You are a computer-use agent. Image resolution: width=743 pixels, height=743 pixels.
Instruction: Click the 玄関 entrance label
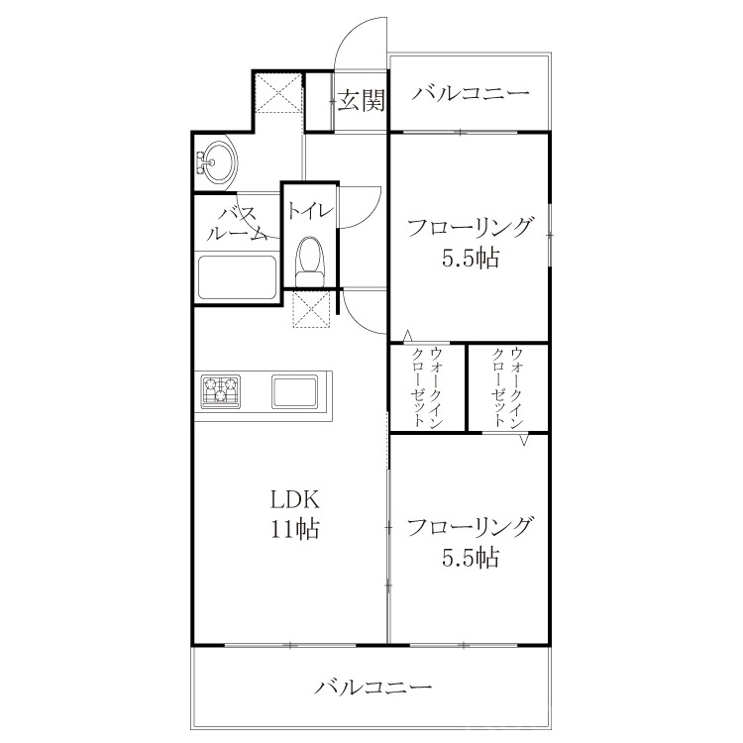361,100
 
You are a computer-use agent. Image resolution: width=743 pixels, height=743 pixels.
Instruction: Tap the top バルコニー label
470,93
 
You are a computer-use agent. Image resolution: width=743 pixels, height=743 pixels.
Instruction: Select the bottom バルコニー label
372,687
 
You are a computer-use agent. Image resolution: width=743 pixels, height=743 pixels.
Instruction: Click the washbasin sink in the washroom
217,161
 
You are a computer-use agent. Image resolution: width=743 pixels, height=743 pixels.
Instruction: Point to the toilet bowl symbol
309,261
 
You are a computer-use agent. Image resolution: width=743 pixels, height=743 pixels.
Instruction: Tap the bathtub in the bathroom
237,277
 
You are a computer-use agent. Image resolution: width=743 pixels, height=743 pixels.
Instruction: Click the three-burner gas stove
220,391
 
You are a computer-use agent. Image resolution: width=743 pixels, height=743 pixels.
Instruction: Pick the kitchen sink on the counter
295,391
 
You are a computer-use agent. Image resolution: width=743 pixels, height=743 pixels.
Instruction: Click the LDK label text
295,499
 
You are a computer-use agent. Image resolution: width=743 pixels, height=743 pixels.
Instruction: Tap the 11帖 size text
295,529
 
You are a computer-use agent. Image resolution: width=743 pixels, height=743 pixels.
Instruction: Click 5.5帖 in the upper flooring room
470,259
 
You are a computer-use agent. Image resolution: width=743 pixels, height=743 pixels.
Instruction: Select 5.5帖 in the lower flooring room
470,558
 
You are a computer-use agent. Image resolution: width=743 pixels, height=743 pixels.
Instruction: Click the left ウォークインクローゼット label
427,387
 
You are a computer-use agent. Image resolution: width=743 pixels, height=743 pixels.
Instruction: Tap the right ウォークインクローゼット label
508,387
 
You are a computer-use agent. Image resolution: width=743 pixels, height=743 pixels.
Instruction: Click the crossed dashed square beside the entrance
278,92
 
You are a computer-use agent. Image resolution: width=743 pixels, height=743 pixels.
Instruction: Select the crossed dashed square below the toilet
311,309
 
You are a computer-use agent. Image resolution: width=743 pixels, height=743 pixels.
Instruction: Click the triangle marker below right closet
524,439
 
